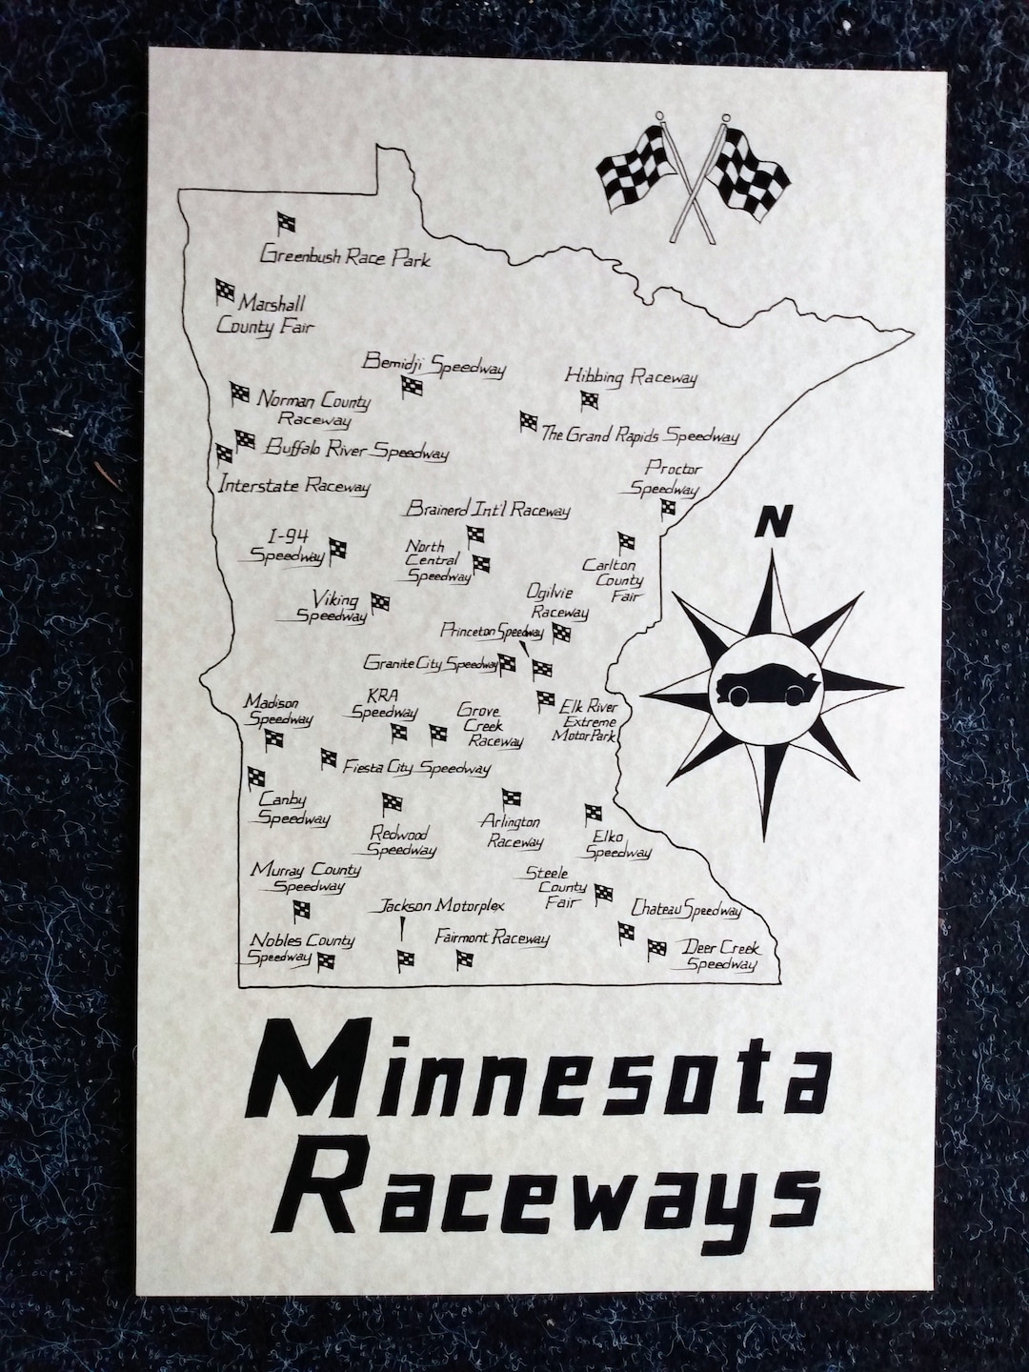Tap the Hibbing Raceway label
631,377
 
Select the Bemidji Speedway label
434,365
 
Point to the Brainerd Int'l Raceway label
487,510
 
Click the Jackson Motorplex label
442,905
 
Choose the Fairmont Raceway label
492,938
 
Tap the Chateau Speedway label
686,910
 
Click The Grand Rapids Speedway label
639,436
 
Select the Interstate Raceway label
293,485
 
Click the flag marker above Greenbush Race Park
285,224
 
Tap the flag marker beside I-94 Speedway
338,550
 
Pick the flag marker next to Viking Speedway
379,602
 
